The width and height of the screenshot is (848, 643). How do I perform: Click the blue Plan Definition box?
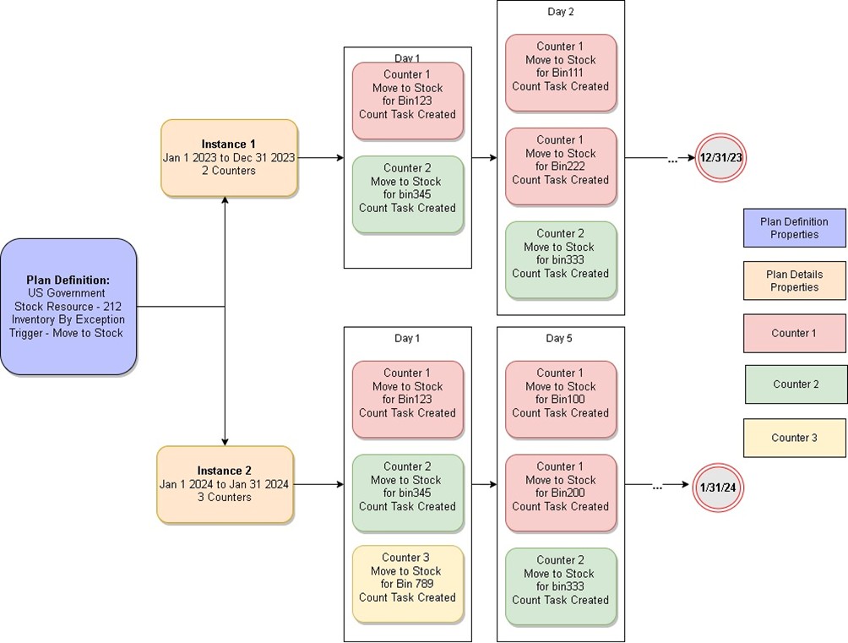point(68,307)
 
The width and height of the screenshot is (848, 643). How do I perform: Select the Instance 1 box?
point(229,158)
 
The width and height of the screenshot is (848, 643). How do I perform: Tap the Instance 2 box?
point(225,484)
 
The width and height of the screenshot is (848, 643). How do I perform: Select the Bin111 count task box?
point(560,73)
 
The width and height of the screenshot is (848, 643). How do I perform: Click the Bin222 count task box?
point(560,166)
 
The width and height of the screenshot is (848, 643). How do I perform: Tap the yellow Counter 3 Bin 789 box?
point(407,584)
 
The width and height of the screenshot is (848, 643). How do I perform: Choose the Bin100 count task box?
point(560,400)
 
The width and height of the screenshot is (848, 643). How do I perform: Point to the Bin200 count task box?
point(560,493)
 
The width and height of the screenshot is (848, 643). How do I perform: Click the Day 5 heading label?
point(559,338)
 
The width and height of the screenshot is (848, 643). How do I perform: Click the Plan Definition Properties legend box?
point(794,228)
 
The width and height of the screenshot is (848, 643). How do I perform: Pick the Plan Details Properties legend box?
point(794,281)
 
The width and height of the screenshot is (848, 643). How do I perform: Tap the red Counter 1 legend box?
point(794,333)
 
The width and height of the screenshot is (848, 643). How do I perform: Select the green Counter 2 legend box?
point(796,384)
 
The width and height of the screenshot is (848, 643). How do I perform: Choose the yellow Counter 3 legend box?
point(794,438)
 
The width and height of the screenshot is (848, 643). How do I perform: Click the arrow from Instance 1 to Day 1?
point(320,158)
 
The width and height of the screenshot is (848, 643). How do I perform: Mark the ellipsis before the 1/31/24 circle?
point(657,488)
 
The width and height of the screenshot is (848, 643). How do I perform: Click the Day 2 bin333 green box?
point(560,259)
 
